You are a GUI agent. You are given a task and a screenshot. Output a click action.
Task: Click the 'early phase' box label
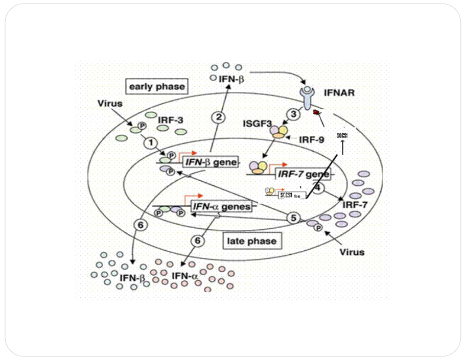pos(156,86)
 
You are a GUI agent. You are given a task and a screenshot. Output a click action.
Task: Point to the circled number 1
pos(151,143)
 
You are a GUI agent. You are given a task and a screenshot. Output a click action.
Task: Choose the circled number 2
pos(218,117)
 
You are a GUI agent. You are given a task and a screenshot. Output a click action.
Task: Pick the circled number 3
pos(293,114)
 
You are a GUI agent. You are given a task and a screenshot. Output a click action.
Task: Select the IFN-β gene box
pos(210,163)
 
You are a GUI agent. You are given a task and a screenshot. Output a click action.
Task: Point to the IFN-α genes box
pos(222,206)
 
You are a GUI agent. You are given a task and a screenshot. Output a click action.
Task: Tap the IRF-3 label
pos(170,120)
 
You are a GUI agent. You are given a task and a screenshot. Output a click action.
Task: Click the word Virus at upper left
pos(109,104)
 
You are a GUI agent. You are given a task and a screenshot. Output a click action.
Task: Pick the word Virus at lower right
pos(353,252)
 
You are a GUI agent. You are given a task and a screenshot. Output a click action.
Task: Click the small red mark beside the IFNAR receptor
pos(317,111)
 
